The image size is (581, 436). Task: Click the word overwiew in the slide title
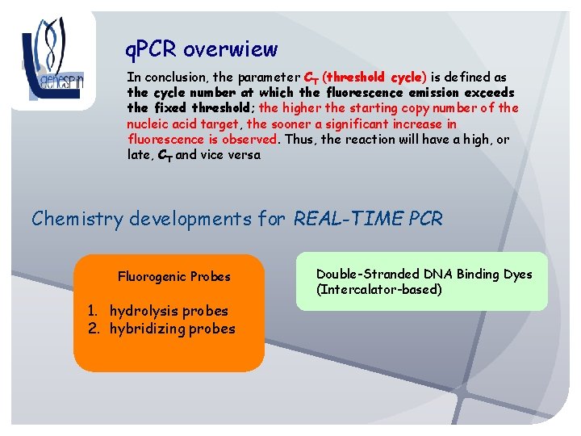230,50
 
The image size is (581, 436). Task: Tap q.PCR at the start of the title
152,51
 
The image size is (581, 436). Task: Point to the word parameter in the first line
261,78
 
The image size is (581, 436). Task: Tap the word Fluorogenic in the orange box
153,277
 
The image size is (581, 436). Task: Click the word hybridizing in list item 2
145,329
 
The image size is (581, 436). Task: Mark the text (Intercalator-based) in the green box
379,290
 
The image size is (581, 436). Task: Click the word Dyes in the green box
516,275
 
